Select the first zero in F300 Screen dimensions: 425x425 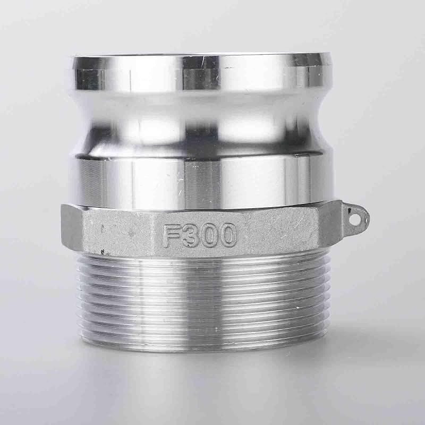tap(209, 235)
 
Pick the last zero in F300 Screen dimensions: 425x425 tap(228, 235)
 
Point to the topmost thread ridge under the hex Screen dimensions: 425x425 tap(202, 257)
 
